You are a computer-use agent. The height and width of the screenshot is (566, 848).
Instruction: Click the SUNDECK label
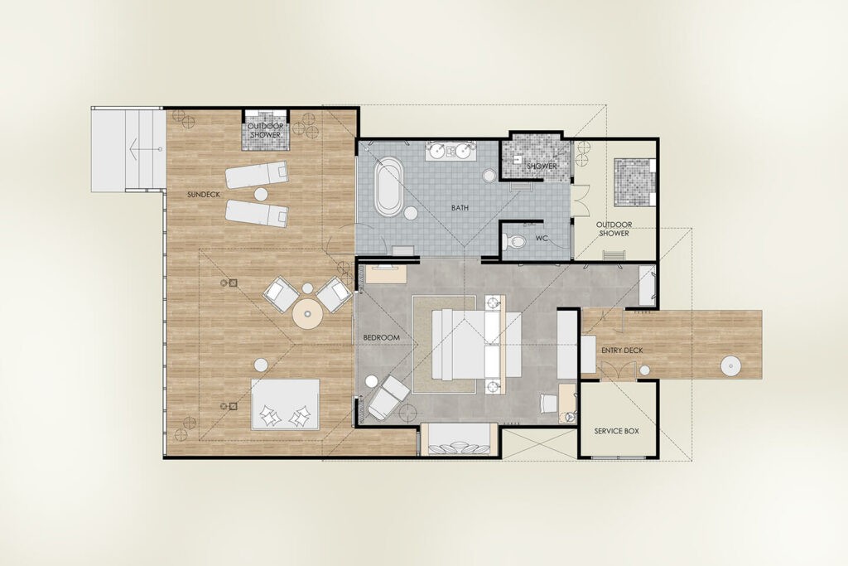coord(204,194)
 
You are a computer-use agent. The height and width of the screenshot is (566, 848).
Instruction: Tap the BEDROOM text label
coord(381,337)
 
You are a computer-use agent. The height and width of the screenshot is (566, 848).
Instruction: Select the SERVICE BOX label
coord(616,431)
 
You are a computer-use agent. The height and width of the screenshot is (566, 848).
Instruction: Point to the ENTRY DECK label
coord(622,351)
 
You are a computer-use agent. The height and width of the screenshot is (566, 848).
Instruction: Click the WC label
coord(542,238)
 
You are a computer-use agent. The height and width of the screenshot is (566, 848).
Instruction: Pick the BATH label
coord(460,208)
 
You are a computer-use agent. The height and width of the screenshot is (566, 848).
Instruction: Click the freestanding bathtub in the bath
coord(388,186)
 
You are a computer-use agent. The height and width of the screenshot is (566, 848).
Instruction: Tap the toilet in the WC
coord(513,241)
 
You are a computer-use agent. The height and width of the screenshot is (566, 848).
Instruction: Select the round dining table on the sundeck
coord(308,314)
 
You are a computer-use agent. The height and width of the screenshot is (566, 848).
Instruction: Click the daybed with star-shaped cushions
coord(285,404)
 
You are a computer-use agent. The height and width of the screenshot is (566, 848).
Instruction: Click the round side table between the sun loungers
coord(261,194)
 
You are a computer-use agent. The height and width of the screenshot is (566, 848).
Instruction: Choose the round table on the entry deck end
coord(730,366)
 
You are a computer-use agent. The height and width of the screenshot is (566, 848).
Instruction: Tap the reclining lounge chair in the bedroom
coord(388,397)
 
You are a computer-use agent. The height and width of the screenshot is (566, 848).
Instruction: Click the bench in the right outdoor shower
coord(614,254)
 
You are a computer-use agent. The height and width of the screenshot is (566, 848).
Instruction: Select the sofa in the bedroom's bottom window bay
coord(459,439)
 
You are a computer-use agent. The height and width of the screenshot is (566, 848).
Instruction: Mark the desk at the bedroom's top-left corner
coord(386,273)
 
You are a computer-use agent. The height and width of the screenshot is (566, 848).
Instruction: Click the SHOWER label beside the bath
coord(542,166)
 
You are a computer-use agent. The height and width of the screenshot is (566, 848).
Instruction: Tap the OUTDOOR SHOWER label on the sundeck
coord(266,130)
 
